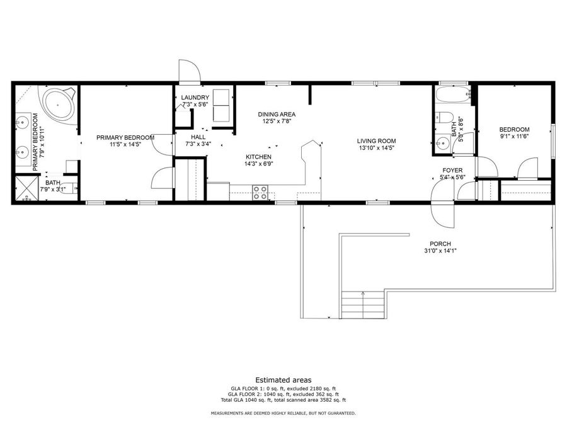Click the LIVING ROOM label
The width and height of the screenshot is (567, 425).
point(375,140)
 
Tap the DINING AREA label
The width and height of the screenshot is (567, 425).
point(277,114)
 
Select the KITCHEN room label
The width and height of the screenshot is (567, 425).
point(258,156)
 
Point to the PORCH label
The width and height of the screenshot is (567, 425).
point(440,244)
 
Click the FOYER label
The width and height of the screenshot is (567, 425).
point(452,170)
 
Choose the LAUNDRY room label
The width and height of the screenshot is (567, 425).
point(195,97)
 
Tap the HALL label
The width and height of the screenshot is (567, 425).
point(198,136)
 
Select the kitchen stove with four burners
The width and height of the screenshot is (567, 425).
point(260,193)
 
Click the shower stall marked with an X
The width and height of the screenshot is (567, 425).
point(26,189)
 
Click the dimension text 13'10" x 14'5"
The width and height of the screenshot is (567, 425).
point(375,149)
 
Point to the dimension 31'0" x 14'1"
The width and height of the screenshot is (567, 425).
point(440,251)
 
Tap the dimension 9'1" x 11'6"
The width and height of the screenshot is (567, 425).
point(514,136)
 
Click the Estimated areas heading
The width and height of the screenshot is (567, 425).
point(283,380)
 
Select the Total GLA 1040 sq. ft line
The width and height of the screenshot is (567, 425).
point(283,400)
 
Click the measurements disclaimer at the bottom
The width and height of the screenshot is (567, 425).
point(283,413)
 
